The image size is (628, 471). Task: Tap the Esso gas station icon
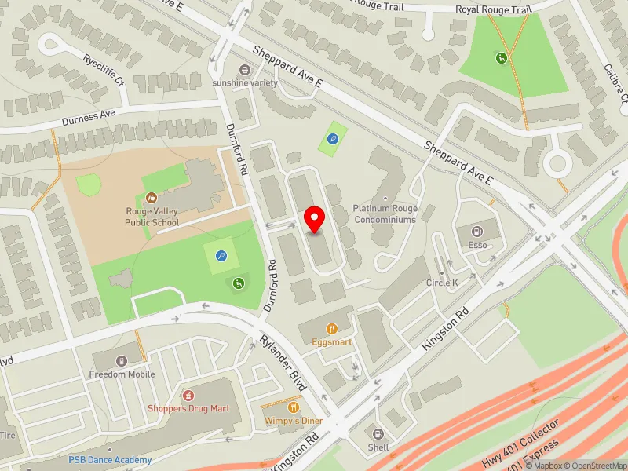tap(476, 231)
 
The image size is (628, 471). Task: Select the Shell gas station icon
tap(378, 434)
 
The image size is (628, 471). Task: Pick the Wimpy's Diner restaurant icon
tap(294, 407)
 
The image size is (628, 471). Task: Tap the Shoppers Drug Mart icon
tap(188, 394)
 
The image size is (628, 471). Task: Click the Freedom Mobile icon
tap(121, 360)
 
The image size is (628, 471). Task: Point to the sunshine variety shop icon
tap(246, 69)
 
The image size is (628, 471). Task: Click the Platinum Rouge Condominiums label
tap(385, 214)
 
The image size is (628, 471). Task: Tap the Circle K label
tap(442, 283)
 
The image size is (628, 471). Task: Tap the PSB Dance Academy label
tap(109, 460)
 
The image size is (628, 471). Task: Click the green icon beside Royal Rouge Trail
tap(500, 57)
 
